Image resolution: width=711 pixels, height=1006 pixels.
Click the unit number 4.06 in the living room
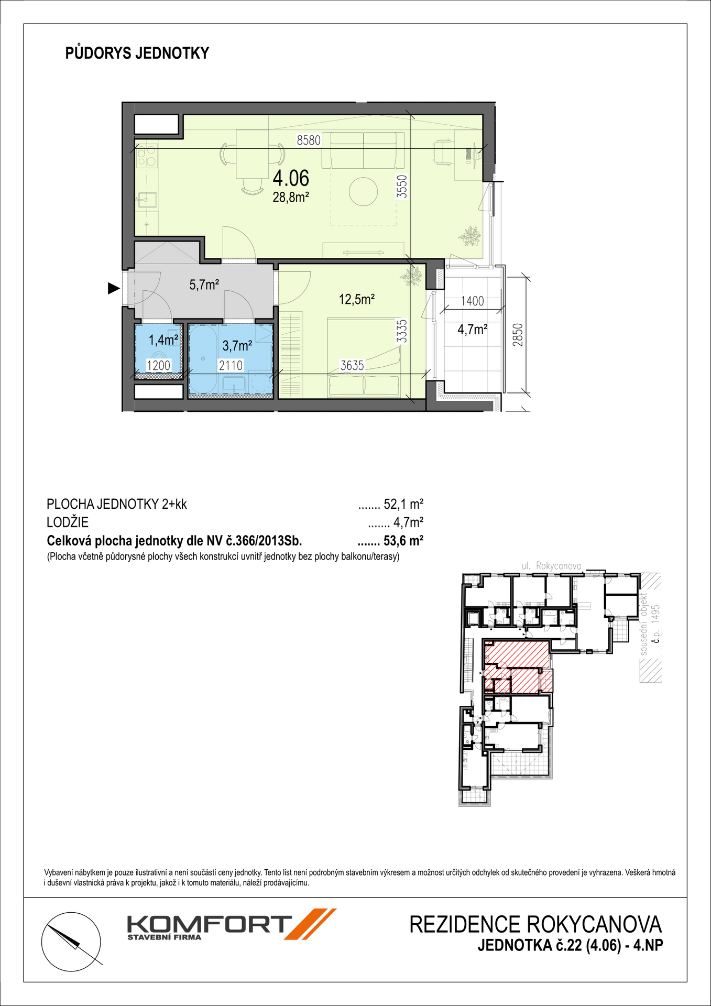coord(291,179)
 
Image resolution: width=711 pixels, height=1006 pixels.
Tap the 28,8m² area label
coord(291,198)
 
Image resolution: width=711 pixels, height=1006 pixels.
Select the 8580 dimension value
coord(309,140)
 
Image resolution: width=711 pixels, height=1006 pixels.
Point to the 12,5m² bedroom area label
coord(357,300)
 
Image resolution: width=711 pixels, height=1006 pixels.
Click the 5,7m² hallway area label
coord(204,285)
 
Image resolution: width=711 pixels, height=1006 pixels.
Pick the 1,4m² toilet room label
coord(163,340)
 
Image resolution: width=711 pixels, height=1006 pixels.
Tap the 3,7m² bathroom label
coord(237,346)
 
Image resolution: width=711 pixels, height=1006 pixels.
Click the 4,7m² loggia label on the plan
coord(473,330)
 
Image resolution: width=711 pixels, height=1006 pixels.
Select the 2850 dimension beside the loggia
coord(518,334)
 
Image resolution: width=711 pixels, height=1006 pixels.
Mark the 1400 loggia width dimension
coord(472,301)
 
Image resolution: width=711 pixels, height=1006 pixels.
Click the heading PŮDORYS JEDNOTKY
coord(137,53)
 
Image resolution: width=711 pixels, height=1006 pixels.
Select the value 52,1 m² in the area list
coord(403,504)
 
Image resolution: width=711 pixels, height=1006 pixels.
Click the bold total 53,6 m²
coord(403,540)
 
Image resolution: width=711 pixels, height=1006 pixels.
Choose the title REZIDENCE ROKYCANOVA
coord(535,925)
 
